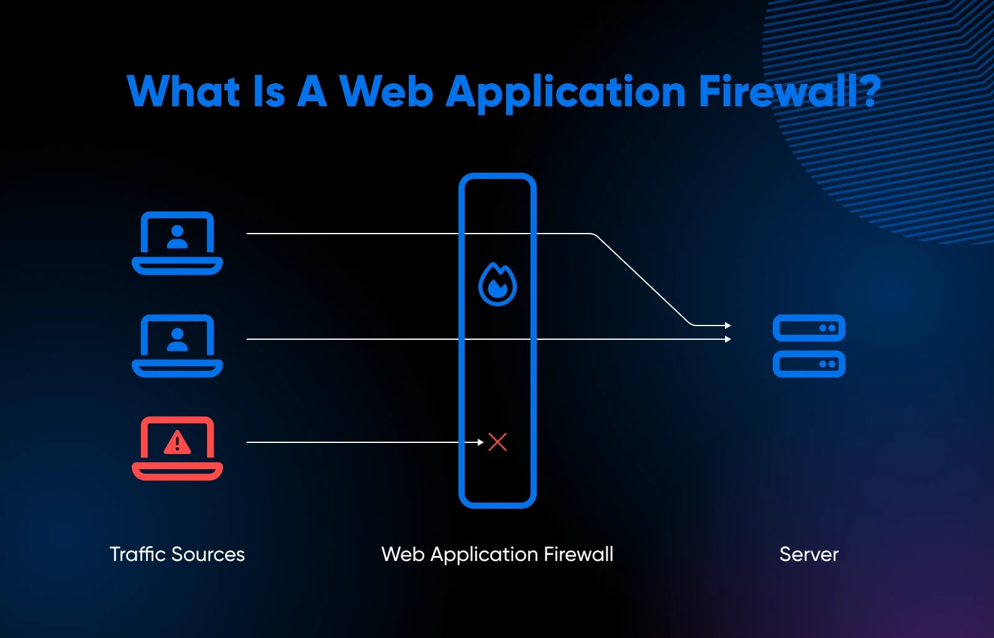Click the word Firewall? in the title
coord(789,91)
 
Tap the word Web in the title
coord(386,91)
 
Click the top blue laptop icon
coord(177,243)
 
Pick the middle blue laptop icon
coord(177,345)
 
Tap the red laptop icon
coord(177,448)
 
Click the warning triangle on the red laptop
coord(177,442)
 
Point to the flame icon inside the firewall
coord(497,285)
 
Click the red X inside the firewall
coord(498,442)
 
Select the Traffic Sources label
coord(177,554)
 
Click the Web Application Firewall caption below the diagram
coord(497,554)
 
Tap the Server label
coord(809,554)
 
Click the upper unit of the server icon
coord(809,328)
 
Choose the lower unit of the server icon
coord(809,364)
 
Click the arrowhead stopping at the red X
coord(480,442)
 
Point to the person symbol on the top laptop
coord(177,237)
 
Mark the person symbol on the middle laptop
coord(177,339)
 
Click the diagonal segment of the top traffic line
coord(643,280)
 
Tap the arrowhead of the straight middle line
coord(728,339)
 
